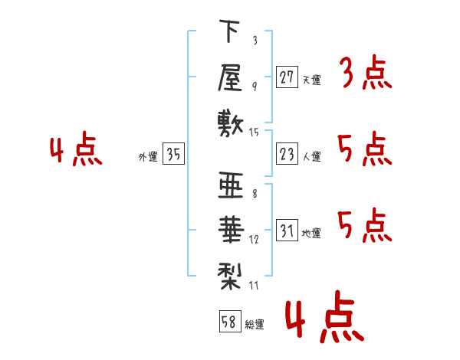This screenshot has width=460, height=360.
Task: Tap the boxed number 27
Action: [287, 77]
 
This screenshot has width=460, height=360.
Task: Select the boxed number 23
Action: [287, 155]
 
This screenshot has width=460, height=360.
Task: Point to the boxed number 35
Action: [173, 155]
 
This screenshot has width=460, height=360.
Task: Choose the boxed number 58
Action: [228, 322]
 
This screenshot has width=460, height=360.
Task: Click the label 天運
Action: [311, 79]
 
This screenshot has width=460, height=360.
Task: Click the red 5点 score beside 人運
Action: [364, 149]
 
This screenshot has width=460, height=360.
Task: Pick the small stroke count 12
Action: [255, 239]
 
